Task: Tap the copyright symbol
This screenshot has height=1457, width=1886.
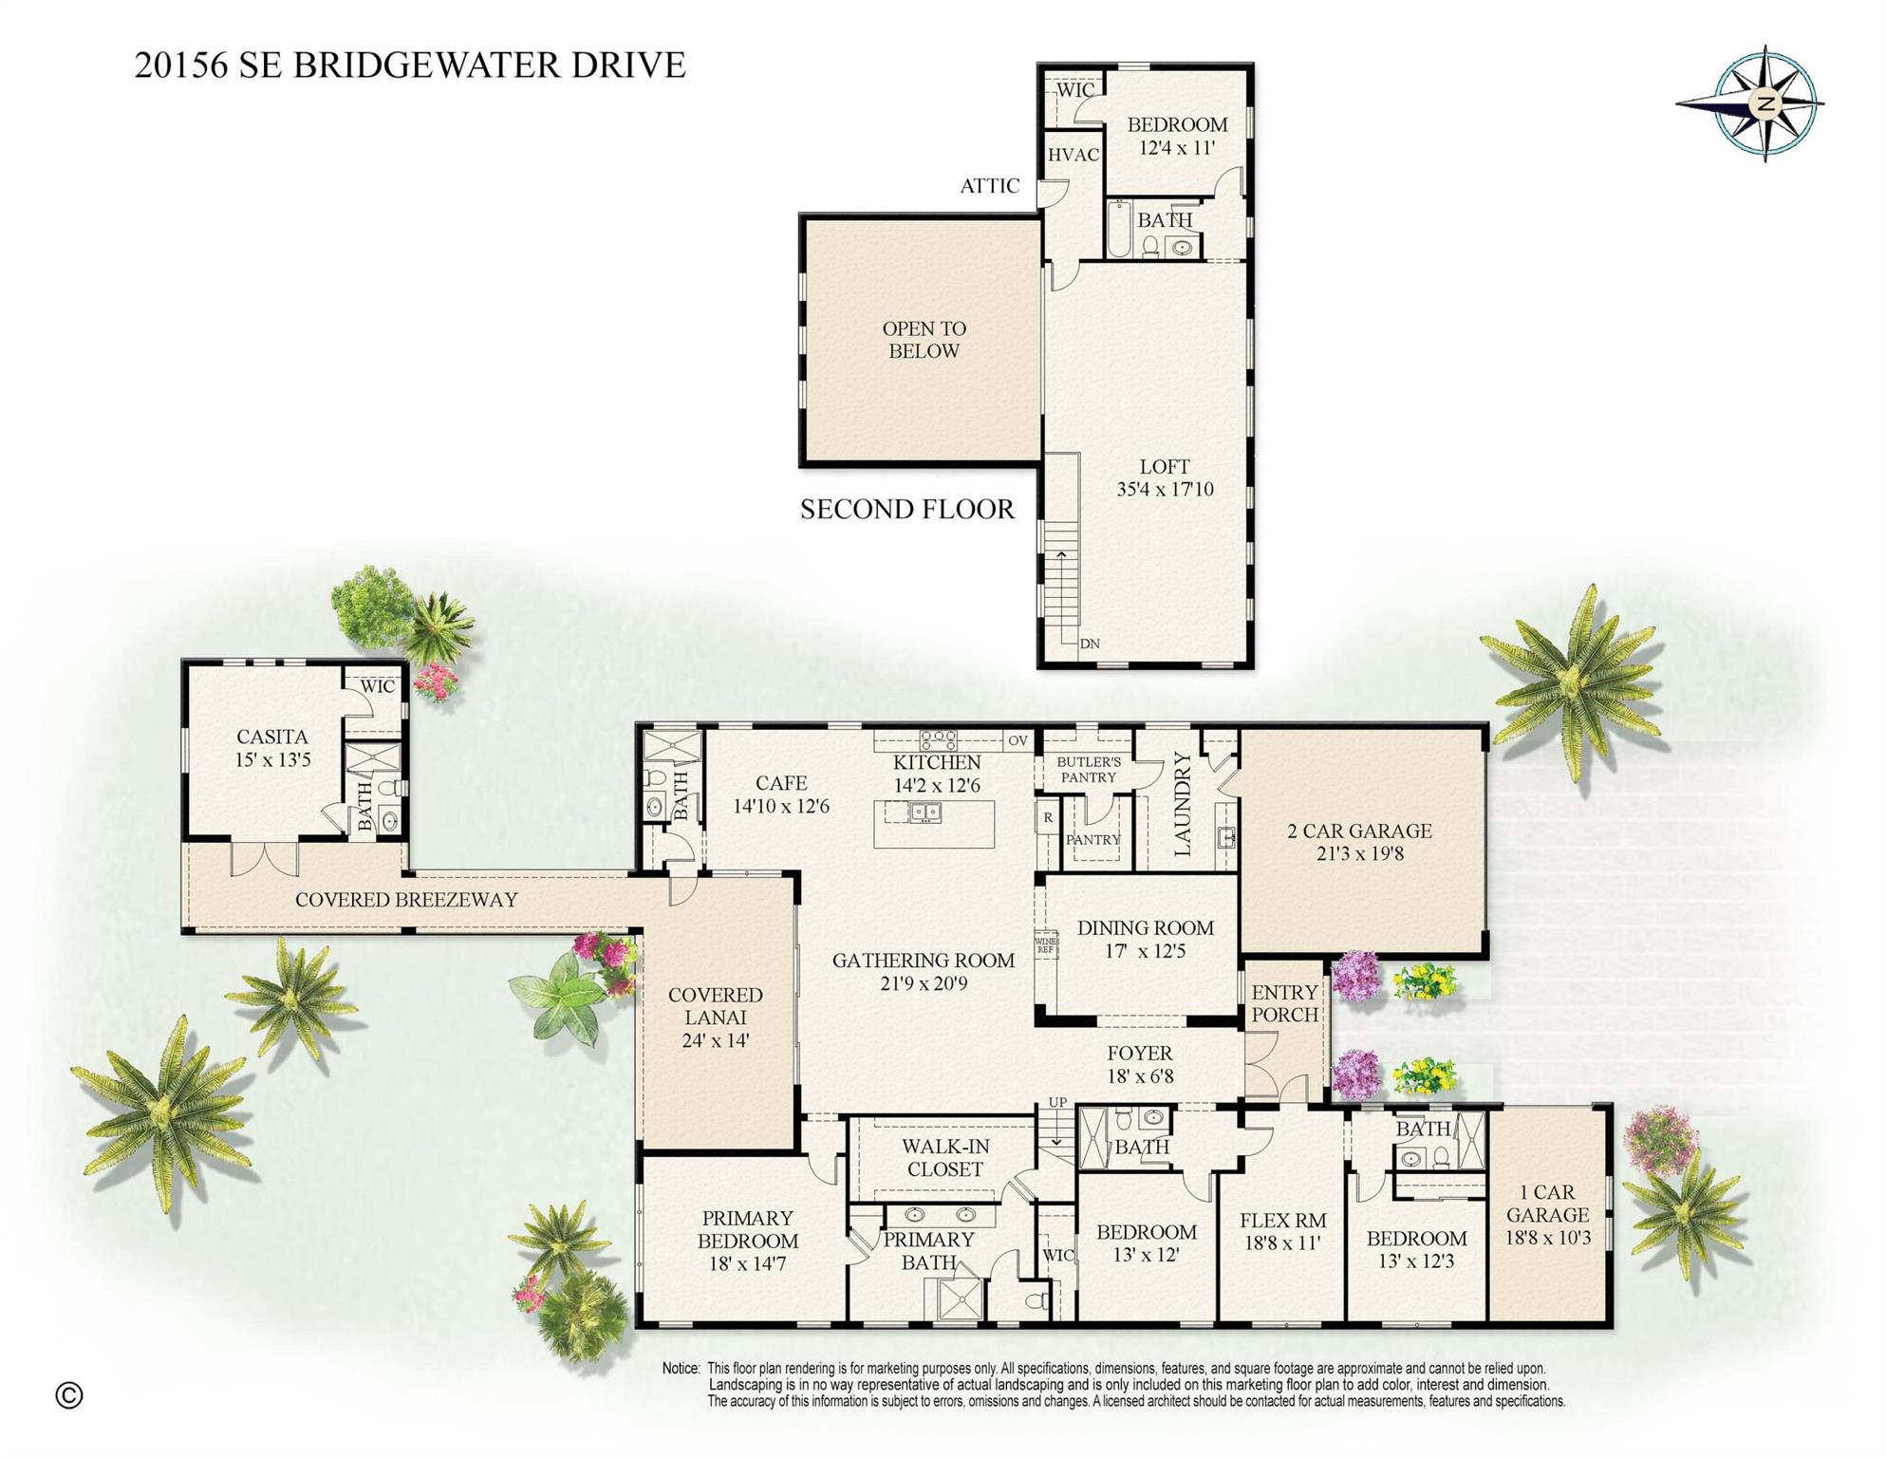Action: click(69, 1394)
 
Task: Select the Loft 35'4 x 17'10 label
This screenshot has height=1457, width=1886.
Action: click(1165, 478)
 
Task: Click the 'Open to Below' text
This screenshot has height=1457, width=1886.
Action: click(924, 340)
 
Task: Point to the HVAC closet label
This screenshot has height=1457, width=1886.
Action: click(1073, 155)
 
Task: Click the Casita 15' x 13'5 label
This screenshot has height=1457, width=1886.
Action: click(272, 748)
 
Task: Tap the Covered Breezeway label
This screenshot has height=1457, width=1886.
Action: click(406, 899)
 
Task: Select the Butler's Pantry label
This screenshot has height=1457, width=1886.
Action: click(1089, 770)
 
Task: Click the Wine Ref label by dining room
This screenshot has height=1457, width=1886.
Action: click(1045, 945)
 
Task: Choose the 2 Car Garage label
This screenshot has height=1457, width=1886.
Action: click(1359, 842)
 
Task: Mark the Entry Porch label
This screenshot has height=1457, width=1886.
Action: click(1284, 1003)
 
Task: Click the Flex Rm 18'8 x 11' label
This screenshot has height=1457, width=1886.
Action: click(1282, 1231)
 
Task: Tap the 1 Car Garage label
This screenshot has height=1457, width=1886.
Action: click(1547, 1215)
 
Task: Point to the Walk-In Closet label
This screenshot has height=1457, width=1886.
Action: click(945, 1158)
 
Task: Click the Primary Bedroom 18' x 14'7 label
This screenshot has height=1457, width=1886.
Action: click(747, 1241)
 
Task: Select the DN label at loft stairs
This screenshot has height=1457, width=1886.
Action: click(1090, 644)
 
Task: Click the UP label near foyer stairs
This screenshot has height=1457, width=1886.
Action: click(1057, 1102)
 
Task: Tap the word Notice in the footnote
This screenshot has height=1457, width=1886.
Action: click(681, 1369)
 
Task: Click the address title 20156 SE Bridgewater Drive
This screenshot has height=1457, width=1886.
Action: click(410, 65)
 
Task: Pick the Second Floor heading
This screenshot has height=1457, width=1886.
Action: click(906, 510)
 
